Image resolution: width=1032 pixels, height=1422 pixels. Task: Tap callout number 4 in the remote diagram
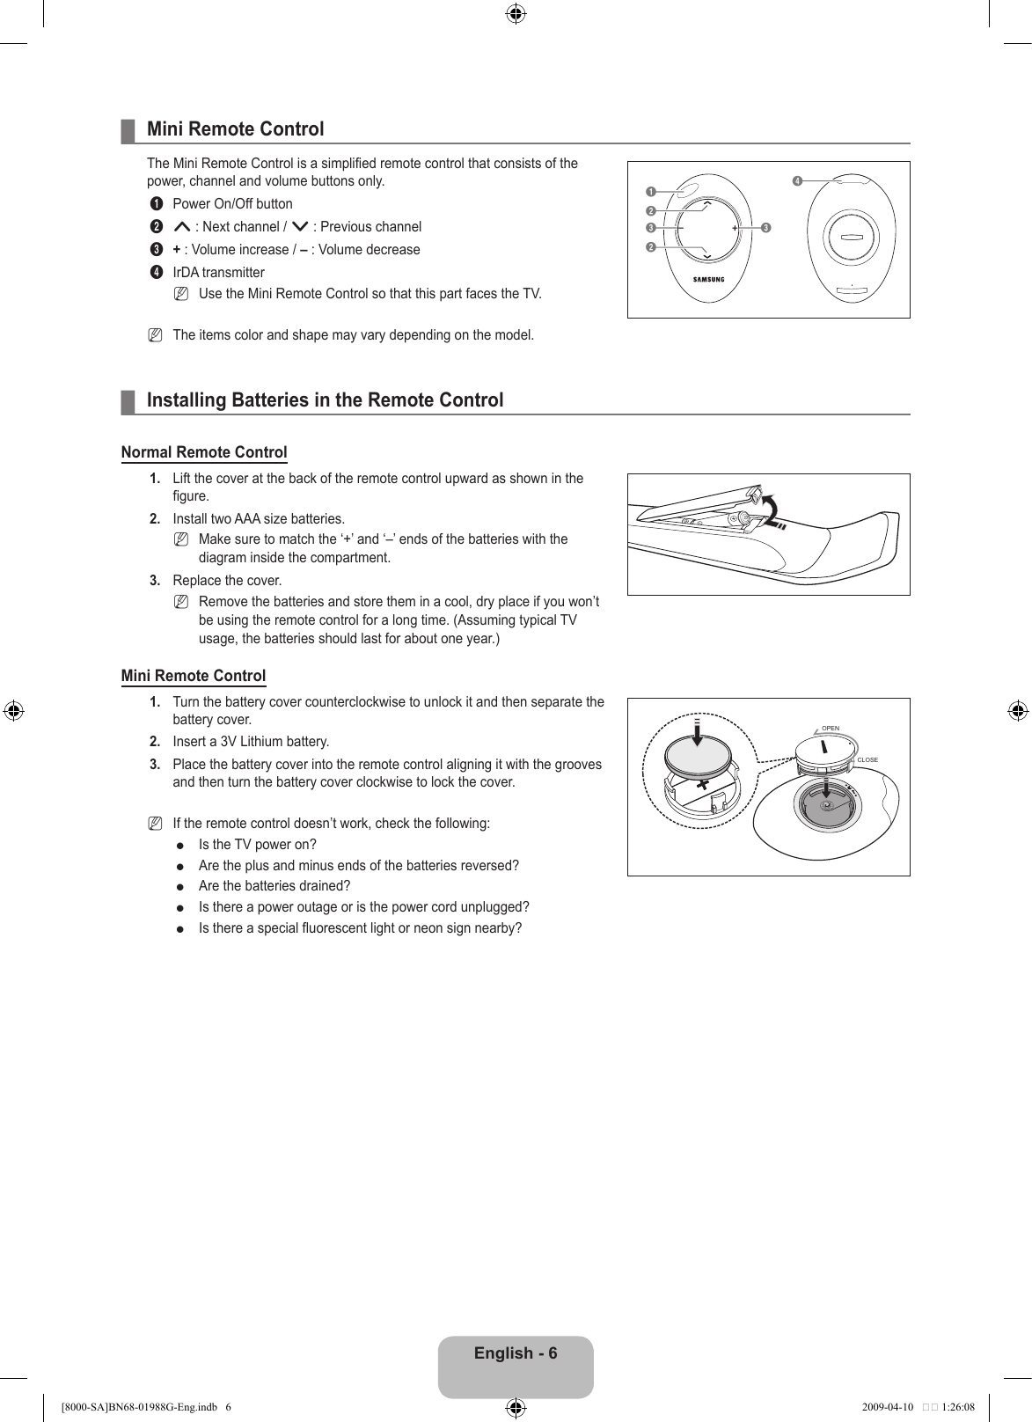[796, 181]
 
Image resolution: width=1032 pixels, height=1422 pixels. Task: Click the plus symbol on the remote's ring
[734, 228]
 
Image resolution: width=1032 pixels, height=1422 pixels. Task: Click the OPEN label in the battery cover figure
[831, 729]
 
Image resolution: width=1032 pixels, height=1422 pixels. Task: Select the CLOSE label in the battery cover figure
[867, 759]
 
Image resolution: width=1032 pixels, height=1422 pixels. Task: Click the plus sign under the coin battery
[702, 782]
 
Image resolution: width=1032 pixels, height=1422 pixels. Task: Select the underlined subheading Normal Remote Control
[204, 452]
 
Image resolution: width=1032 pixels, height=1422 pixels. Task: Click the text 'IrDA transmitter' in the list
[218, 273]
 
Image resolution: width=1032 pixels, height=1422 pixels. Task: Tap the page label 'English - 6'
[516, 1353]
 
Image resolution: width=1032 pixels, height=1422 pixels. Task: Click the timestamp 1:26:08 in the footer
[958, 1406]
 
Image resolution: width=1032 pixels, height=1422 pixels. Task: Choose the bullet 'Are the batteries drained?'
[274, 886]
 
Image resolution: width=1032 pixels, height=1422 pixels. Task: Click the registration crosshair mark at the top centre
[516, 13]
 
